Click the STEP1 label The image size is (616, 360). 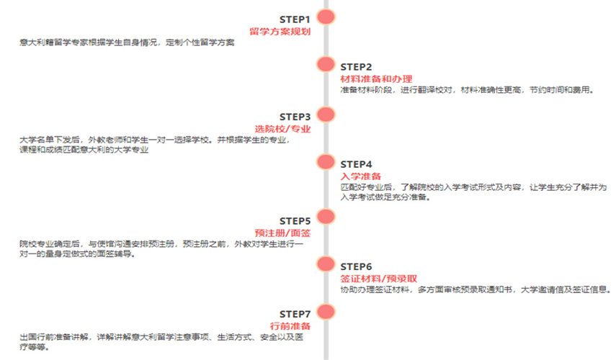[295, 19]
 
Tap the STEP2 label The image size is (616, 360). [356, 67]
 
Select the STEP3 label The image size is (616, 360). [295, 117]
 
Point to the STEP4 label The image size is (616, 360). [356, 164]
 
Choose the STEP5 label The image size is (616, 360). [295, 221]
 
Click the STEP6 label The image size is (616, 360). [356, 266]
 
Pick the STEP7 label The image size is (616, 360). [295, 314]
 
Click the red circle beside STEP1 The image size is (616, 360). [326, 17]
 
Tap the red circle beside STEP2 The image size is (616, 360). [326, 64]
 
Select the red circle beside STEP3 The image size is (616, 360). [326, 114]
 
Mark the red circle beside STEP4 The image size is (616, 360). [326, 162]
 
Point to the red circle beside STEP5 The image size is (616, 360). [326, 217]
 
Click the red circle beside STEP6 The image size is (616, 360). [326, 264]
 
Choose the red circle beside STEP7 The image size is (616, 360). [326, 312]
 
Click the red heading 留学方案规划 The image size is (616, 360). [280, 32]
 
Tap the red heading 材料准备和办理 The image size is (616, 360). [376, 79]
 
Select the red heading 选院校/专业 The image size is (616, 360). [282, 129]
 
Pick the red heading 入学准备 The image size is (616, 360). [361, 176]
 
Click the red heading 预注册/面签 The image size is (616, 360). [282, 233]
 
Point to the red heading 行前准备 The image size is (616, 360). [290, 326]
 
